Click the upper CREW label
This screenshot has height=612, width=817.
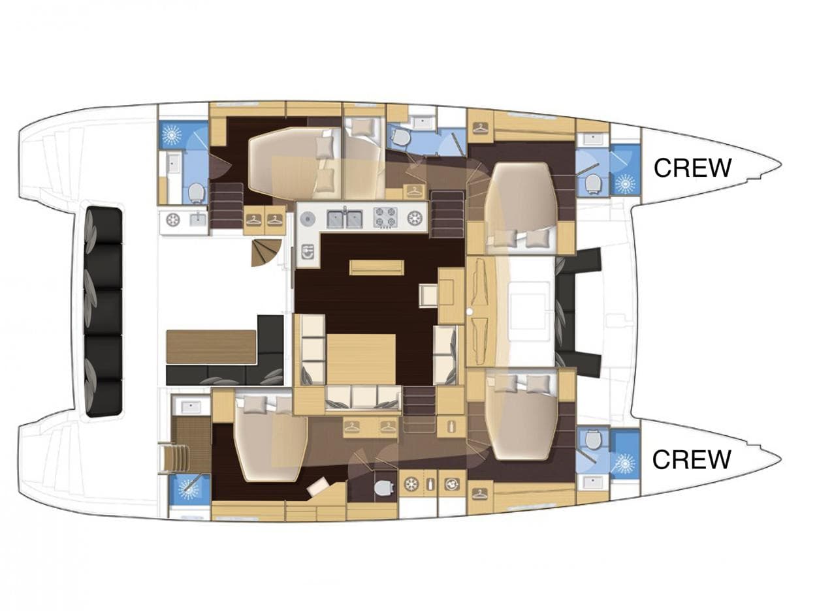[x=692, y=168]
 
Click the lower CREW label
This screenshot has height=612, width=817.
[x=691, y=459]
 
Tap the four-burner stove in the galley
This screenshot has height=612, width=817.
[x=385, y=217]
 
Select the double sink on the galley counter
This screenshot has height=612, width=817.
[x=344, y=218]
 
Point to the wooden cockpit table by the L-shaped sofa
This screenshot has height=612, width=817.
[x=211, y=346]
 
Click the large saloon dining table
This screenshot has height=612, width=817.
[x=360, y=359]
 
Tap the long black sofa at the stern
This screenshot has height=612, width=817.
[x=103, y=311]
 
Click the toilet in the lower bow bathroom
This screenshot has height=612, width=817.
[x=593, y=440]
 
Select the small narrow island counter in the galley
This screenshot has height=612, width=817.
[x=376, y=268]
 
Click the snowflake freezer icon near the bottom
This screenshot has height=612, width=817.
[x=411, y=485]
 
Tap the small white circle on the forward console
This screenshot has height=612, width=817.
[x=470, y=312]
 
